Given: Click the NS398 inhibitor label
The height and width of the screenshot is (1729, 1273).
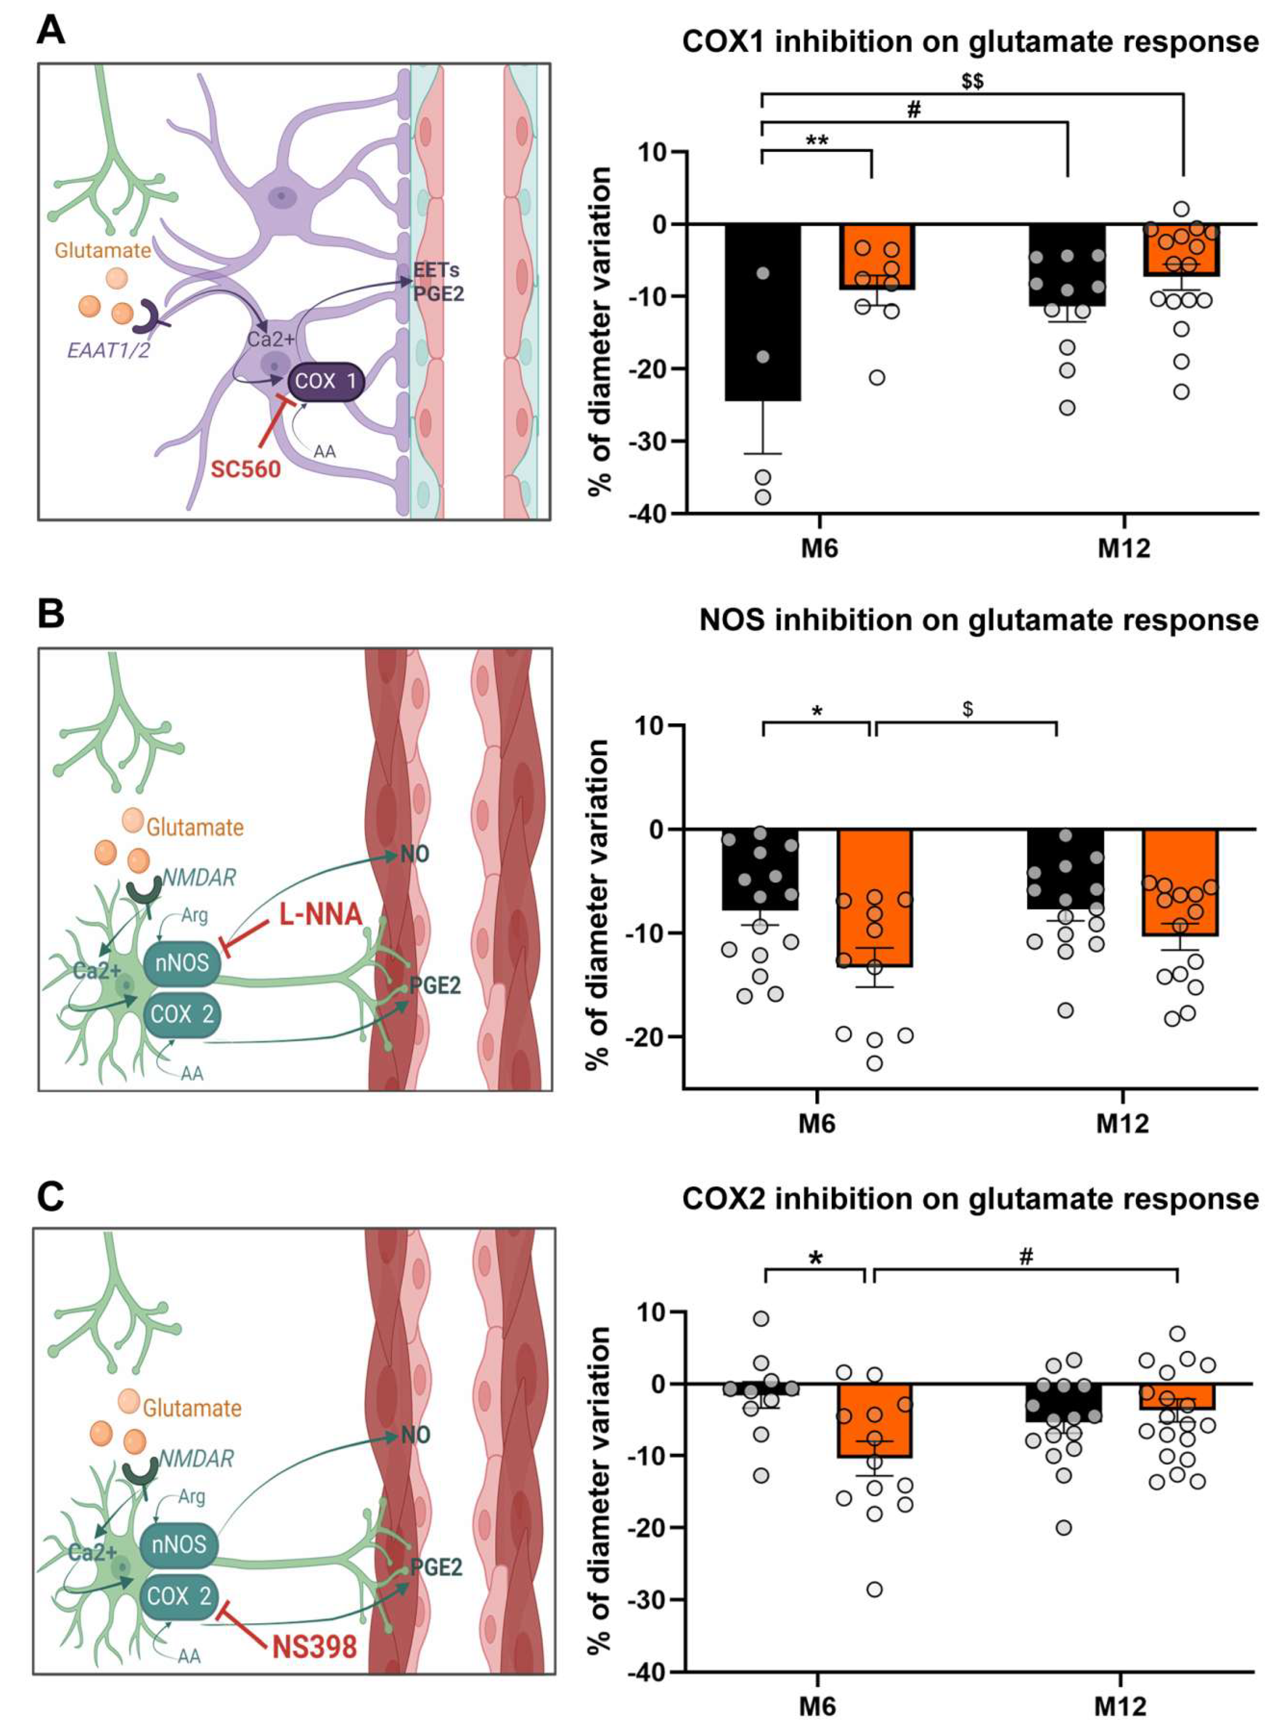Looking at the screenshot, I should coord(314,1647).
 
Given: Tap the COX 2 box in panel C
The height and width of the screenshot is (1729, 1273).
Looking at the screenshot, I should coord(180,1597).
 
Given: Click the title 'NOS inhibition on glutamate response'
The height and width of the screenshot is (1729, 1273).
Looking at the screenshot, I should coord(979,620).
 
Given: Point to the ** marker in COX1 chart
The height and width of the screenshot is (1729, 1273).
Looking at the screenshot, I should coord(817,141).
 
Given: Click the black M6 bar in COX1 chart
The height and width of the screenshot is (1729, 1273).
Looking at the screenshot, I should coord(762,312).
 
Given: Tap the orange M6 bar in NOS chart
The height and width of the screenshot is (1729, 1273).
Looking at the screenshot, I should coord(875,897).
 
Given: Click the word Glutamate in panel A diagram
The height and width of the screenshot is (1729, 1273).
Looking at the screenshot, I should coord(102,250).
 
